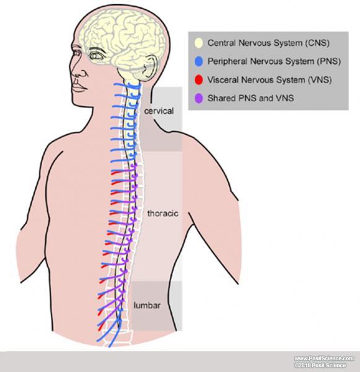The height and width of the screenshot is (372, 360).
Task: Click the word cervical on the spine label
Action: point(159,111)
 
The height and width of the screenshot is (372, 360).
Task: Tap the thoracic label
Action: point(163,213)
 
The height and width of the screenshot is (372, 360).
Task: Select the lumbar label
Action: point(147,305)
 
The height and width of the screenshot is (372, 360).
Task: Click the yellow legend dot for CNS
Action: point(199,43)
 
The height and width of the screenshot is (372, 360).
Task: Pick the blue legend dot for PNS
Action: point(199,61)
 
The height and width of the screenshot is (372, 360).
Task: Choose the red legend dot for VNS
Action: point(199,80)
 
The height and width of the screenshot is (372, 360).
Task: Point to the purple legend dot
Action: point(199,98)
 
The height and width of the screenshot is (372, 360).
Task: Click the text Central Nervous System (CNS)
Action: point(268,43)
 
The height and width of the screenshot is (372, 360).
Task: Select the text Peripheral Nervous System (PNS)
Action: point(274,61)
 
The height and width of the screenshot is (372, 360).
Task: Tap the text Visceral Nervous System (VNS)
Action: point(270,80)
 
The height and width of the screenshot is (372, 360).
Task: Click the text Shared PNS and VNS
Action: point(251,98)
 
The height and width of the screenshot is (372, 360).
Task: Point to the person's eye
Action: point(95,56)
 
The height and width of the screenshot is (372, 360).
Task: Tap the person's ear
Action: point(150,67)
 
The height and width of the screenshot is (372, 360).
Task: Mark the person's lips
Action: point(78,86)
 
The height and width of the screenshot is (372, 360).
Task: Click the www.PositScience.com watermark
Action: point(324,358)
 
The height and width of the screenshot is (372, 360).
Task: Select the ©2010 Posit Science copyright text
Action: point(320,365)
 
